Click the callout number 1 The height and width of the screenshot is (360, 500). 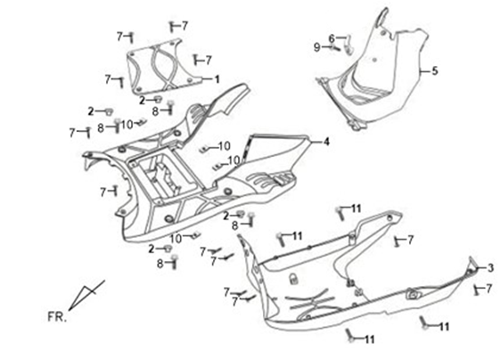click(217, 79)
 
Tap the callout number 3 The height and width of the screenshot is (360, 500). click(490, 268)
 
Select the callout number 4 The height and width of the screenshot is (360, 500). click(326, 142)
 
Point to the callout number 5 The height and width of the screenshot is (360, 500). click(435, 70)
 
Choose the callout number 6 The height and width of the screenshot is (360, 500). click(332, 38)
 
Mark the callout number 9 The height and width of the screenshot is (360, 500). click(316, 47)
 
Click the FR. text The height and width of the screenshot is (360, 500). click(57, 317)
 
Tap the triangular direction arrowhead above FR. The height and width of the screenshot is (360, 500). click(86, 295)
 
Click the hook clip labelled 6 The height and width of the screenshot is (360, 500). click(349, 44)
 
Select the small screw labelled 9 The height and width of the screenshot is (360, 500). click(336, 48)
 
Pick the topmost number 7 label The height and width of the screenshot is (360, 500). click(184, 26)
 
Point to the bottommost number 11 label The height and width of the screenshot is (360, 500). click(370, 340)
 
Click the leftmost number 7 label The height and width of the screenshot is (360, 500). click(72, 133)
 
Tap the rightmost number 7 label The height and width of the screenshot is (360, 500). click(489, 289)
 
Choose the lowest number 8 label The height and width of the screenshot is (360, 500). click(160, 264)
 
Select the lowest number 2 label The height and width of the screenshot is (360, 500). click(152, 249)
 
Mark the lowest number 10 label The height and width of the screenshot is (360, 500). click(176, 238)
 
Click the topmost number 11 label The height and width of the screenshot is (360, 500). click(357, 209)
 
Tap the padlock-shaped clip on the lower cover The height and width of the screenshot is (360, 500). click(292, 279)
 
